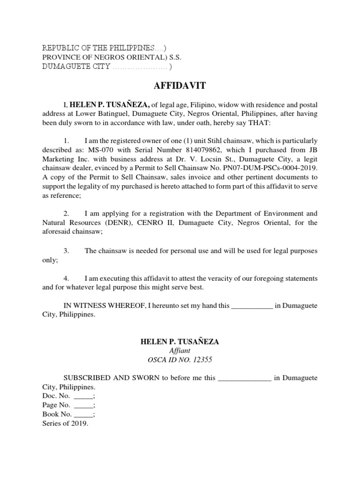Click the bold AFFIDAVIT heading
coord(180,86)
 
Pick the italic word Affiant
coord(180,351)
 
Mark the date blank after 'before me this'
coord(245,378)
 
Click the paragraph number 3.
coord(67,251)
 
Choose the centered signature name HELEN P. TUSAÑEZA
coord(180,342)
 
